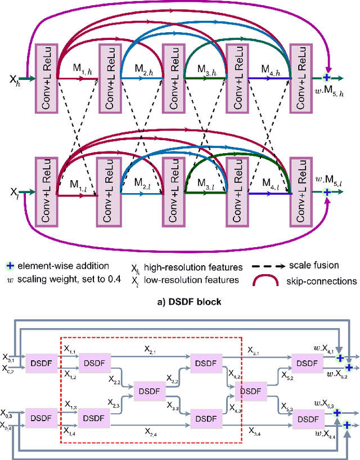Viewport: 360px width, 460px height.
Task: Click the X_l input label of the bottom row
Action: pos(14,191)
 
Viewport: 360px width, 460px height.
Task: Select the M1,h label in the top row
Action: pos(81,69)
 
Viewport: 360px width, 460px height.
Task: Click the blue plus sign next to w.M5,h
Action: pos(327,78)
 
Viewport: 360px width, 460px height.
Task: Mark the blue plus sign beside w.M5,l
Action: pos(327,191)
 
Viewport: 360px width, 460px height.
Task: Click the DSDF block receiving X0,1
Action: pos(41,363)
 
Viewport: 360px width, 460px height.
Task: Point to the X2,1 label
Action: pos(151,351)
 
